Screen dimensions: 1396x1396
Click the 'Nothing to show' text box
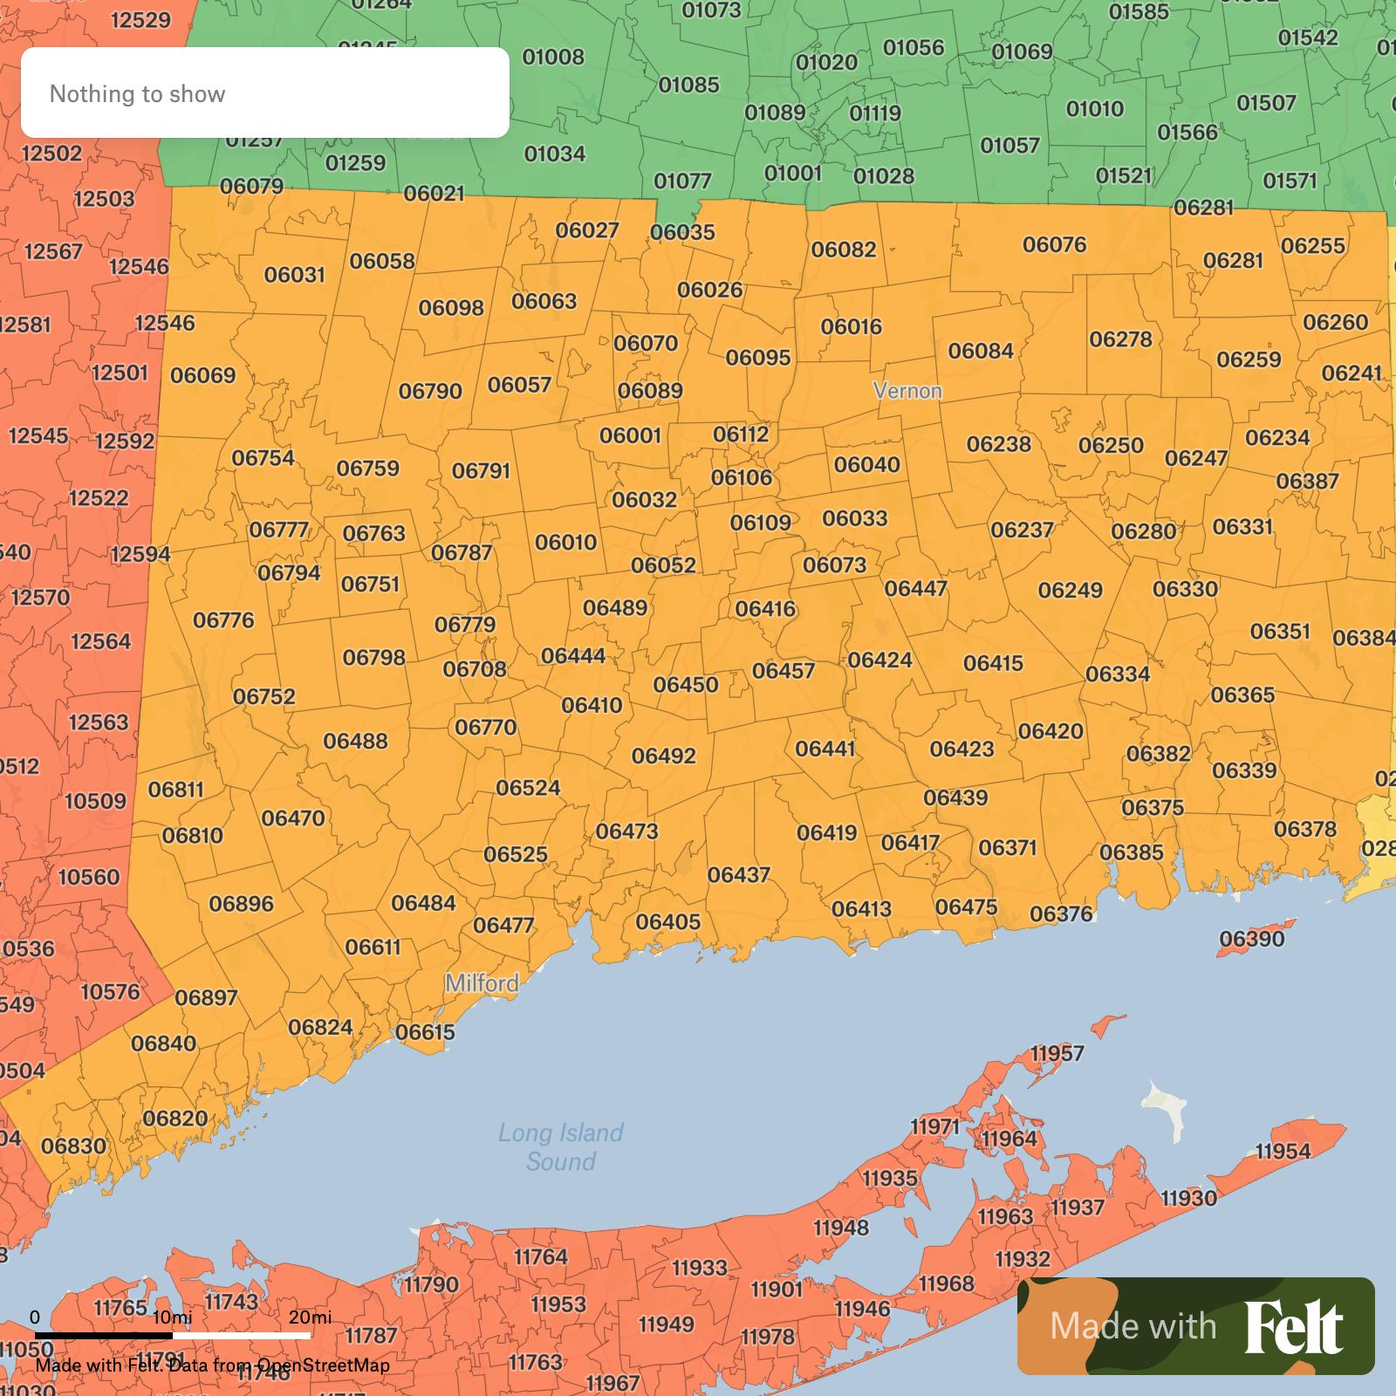(264, 92)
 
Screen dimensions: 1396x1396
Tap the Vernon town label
(907, 390)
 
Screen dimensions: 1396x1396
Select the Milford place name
(482, 983)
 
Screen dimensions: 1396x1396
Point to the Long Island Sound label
(560, 1146)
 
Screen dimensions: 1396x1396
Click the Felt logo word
(1293, 1326)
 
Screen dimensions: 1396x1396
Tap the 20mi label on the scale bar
(310, 1317)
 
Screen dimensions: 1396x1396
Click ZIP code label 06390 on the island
(1251, 939)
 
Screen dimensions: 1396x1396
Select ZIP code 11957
(1057, 1053)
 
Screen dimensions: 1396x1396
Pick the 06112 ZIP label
(741, 434)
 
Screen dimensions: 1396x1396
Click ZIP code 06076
(1054, 244)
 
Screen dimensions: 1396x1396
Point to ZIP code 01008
(553, 57)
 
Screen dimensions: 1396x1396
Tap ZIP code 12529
(140, 19)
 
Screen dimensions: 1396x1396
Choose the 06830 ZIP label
(73, 1146)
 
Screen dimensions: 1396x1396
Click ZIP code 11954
(1283, 1151)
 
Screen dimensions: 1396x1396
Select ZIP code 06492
(664, 756)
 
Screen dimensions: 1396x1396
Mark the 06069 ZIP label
(202, 375)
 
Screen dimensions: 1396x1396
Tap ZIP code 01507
(1266, 103)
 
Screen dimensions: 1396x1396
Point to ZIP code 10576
(110, 991)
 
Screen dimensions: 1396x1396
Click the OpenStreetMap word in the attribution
(324, 1365)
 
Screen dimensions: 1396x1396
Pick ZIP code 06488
(355, 741)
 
